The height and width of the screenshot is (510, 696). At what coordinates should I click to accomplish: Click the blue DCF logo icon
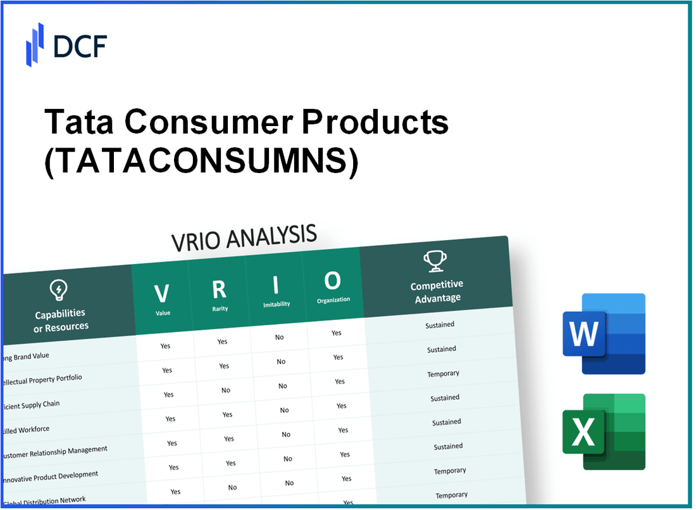click(x=35, y=44)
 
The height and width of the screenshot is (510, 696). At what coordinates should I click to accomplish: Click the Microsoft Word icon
click(x=604, y=333)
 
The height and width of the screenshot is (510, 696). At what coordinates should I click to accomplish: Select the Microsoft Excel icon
click(x=604, y=432)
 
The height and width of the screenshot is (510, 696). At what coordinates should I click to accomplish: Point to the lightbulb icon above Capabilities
click(x=59, y=290)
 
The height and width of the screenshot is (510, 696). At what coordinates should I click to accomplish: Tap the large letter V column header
click(x=162, y=294)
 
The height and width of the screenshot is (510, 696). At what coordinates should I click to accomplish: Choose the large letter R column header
click(x=219, y=290)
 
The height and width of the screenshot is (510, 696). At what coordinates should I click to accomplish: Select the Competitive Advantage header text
click(x=437, y=291)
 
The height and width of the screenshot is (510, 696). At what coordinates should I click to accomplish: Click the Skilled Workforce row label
click(x=25, y=430)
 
